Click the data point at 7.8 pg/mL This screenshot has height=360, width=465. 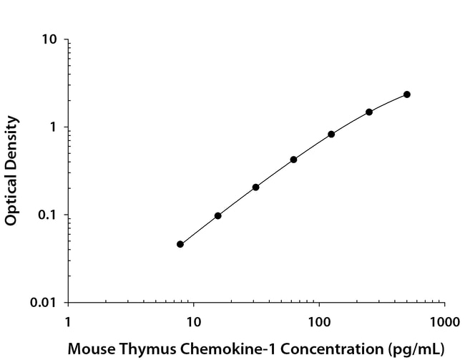[x=180, y=244]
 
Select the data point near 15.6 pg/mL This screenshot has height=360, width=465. [x=218, y=215]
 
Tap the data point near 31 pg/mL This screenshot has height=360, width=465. [x=255, y=187]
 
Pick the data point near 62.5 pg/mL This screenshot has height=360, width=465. [x=294, y=160]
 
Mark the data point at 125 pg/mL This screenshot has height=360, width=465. [x=331, y=134]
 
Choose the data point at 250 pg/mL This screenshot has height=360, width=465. [x=369, y=112]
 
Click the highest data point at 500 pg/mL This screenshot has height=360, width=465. [x=407, y=94]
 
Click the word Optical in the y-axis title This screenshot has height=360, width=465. [x=11, y=200]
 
